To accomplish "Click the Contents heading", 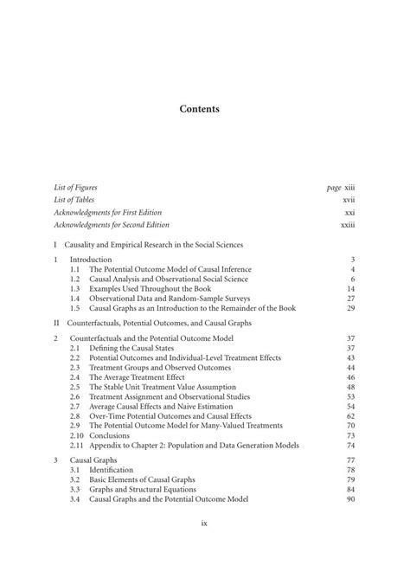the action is (x=199, y=109).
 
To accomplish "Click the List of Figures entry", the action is (x=75, y=187).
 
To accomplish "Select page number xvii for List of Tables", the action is (x=349, y=200).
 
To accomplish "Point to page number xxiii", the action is (x=349, y=225).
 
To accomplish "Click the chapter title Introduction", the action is (x=91, y=260).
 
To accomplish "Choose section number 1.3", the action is (x=75, y=288).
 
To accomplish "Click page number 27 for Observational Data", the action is (x=351, y=298).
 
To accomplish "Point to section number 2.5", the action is (x=75, y=387).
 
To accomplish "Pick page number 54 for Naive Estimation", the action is (x=351, y=406).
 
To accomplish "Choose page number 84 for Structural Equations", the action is (x=351, y=490).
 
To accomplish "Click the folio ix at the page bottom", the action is (x=204, y=523).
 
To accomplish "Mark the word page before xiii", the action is (x=334, y=187).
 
